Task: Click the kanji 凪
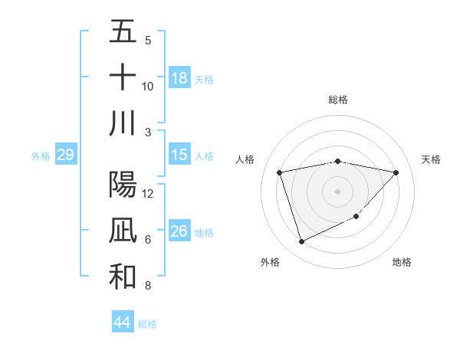click(x=123, y=231)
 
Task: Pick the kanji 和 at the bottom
click(x=123, y=277)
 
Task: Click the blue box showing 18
click(x=179, y=78)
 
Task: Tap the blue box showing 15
click(x=179, y=155)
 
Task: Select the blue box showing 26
click(x=179, y=231)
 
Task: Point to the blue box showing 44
click(x=122, y=323)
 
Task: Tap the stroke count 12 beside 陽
click(x=148, y=194)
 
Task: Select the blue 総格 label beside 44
click(x=147, y=324)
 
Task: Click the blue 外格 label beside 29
click(x=41, y=156)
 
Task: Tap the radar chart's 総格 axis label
click(x=338, y=100)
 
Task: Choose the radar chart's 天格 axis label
click(x=432, y=159)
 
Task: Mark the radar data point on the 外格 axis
click(x=301, y=242)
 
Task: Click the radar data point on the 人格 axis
click(x=280, y=172)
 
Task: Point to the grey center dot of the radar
click(x=338, y=191)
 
